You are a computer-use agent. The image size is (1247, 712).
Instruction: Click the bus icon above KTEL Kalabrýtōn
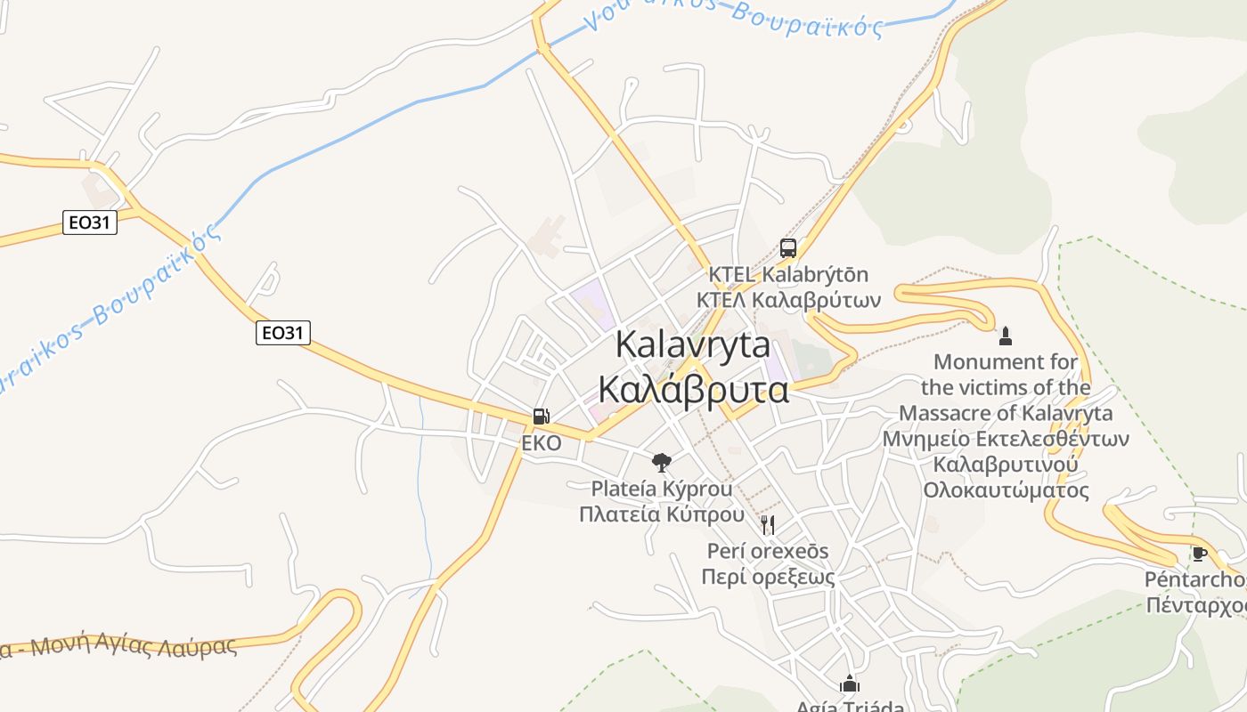click(x=787, y=248)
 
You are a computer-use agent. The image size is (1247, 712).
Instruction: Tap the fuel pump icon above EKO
click(x=541, y=416)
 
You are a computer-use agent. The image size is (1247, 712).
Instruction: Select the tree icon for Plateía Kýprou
click(x=661, y=462)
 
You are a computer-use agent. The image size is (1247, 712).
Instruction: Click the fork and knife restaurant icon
click(x=768, y=524)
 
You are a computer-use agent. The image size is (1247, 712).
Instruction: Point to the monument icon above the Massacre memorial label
click(x=1006, y=336)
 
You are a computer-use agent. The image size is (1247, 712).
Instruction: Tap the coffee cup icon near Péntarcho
click(x=1199, y=554)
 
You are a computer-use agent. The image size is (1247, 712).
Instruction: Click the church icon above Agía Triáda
click(x=850, y=684)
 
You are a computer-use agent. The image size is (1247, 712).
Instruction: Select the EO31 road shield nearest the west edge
click(x=90, y=222)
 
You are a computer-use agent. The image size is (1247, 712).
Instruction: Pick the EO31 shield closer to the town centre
click(x=283, y=333)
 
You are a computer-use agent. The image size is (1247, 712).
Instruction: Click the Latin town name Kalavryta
click(x=692, y=344)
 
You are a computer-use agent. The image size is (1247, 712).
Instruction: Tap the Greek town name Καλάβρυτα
click(x=692, y=390)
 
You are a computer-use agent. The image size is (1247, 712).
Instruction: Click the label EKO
click(x=542, y=442)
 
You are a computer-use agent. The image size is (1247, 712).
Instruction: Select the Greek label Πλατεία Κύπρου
click(x=661, y=514)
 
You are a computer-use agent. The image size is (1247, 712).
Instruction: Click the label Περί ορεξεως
click(x=768, y=577)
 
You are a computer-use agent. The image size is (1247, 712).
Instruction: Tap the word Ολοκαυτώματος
click(x=1006, y=490)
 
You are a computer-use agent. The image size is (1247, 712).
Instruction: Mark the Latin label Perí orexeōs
click(x=768, y=551)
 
